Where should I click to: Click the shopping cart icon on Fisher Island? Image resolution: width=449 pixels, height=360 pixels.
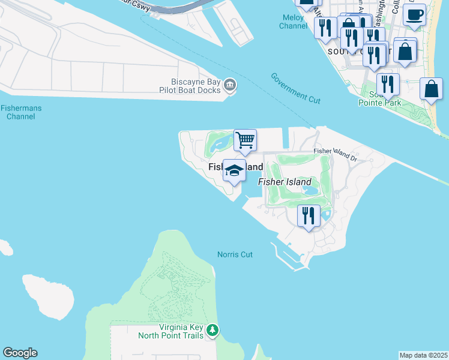coord(245,140)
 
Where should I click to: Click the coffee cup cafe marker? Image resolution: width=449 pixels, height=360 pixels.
coord(414,14)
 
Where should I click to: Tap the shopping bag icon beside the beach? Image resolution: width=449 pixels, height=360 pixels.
coord(431,89)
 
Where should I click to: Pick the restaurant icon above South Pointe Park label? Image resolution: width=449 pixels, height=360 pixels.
coord(388,85)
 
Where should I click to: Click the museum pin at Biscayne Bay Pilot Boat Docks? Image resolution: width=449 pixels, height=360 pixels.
coord(229,86)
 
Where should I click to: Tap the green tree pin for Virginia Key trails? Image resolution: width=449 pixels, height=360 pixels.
coord(212,330)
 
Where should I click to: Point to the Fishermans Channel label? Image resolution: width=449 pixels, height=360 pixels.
coord(20,112)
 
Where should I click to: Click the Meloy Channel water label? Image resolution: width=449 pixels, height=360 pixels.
coord(294,22)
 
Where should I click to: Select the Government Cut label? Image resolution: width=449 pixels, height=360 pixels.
coord(295,88)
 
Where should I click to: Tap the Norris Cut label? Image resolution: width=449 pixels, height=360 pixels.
coord(235,254)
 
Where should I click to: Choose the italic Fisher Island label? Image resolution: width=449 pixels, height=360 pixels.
coord(285,182)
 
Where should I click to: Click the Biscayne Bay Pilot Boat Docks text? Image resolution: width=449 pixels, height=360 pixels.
coord(190,86)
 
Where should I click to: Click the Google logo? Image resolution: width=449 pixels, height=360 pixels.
coord(20,353)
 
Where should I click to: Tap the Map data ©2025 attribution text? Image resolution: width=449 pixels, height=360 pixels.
coord(423,355)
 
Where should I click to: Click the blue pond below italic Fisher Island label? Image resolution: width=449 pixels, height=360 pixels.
coord(311,191)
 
